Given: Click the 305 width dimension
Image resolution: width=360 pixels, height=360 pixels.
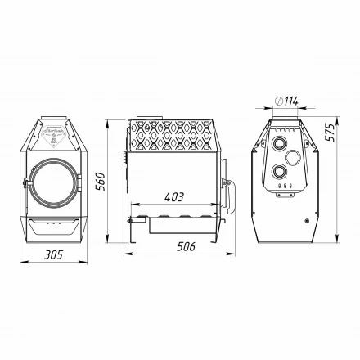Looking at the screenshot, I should coord(53,254).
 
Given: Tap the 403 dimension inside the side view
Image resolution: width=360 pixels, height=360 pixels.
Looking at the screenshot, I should coord(173,197).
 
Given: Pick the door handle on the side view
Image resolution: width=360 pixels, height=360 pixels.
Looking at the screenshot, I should coord(227,190).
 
